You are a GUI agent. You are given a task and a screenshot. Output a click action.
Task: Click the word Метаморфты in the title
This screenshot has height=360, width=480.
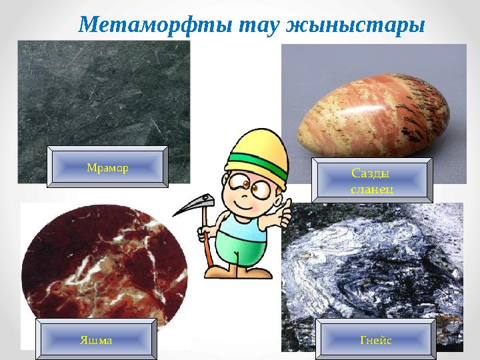[144, 25]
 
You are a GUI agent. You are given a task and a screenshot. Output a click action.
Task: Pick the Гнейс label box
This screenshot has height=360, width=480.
[375, 340]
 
